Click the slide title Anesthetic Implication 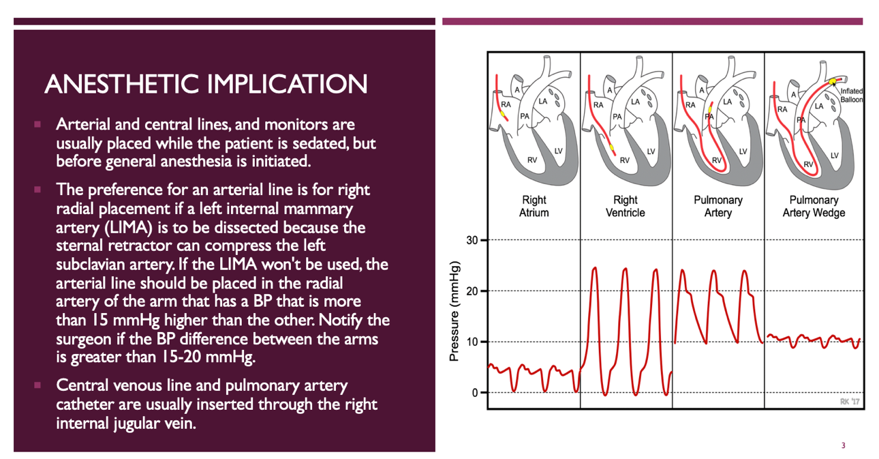pyautogui.click(x=206, y=84)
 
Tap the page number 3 pyautogui.click(x=843, y=446)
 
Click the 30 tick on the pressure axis pyautogui.click(x=472, y=240)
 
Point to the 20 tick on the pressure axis pyautogui.click(x=472, y=291)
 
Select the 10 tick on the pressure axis pyautogui.click(x=472, y=342)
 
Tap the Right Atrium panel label pyautogui.click(x=534, y=206)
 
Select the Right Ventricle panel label pyautogui.click(x=626, y=206)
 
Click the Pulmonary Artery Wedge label pyautogui.click(x=812, y=206)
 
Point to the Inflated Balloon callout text pyautogui.click(x=850, y=95)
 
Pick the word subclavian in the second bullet pyautogui.click(x=91, y=263)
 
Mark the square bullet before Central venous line pyautogui.click(x=38, y=386)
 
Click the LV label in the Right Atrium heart pyautogui.click(x=559, y=151)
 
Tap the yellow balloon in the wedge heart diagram pyautogui.click(x=833, y=81)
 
